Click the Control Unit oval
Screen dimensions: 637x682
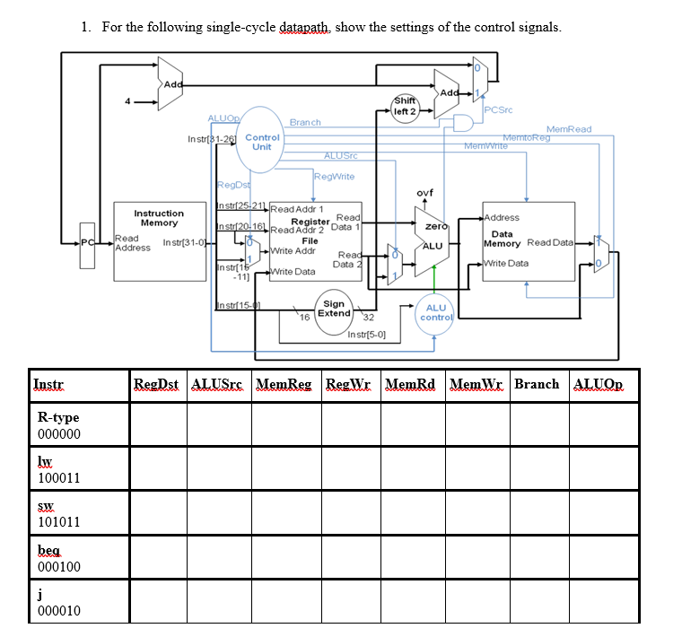pyautogui.click(x=262, y=142)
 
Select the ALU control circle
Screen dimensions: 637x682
pyautogui.click(x=435, y=313)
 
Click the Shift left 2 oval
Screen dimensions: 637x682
pyautogui.click(x=405, y=107)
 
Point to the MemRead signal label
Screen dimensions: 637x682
pyautogui.click(x=568, y=129)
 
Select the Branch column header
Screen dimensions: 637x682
pyautogui.click(x=537, y=384)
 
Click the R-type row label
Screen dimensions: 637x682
pyautogui.click(x=58, y=417)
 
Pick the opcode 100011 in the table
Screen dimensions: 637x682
pyautogui.click(x=59, y=478)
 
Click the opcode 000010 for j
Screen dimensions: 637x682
pyautogui.click(x=59, y=610)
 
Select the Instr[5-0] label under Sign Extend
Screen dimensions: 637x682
pyautogui.click(x=366, y=335)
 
